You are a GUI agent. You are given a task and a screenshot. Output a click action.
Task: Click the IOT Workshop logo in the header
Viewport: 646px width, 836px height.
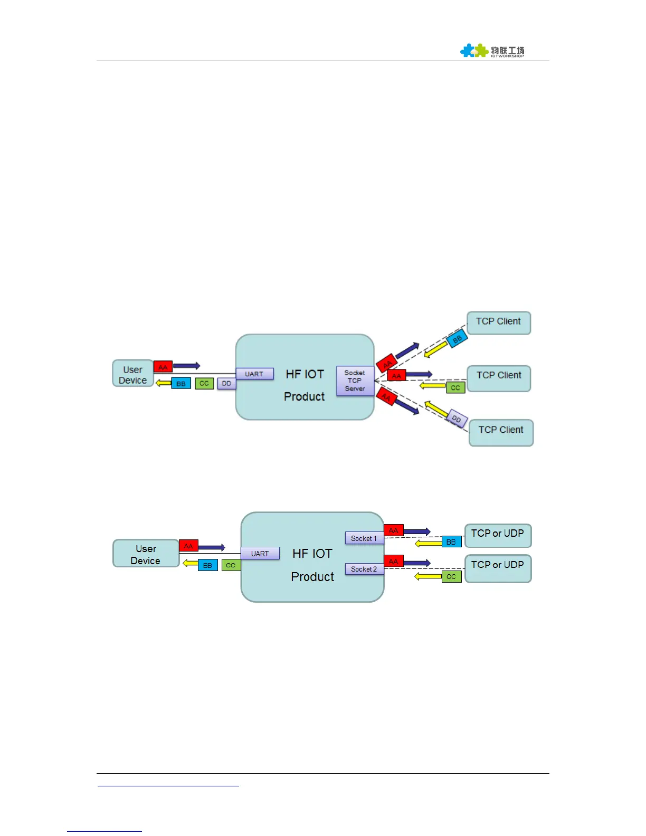coord(492,51)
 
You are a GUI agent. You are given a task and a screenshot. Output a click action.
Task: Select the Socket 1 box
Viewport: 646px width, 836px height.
coord(364,538)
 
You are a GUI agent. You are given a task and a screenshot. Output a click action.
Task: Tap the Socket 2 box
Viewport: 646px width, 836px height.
coord(364,569)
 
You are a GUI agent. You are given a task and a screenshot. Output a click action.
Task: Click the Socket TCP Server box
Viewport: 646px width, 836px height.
coord(355,381)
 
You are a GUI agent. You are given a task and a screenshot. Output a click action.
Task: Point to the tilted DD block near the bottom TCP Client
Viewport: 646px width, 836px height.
coord(456,419)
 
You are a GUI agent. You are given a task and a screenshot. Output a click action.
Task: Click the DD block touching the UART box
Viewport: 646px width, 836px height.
coord(226,384)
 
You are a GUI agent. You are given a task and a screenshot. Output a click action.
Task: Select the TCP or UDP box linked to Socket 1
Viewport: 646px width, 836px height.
coord(498,535)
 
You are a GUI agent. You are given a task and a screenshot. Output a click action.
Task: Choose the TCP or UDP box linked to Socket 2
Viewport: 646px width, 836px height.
coord(498,568)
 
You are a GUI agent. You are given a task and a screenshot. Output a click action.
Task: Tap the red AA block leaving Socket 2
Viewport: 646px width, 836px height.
coord(394,562)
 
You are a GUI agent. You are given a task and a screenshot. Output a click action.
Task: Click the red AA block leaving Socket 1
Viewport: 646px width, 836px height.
coord(394,530)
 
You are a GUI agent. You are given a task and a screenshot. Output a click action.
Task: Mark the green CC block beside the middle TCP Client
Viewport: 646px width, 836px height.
coord(455,388)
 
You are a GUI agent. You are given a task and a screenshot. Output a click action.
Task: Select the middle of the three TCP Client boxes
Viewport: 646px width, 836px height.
coord(499,378)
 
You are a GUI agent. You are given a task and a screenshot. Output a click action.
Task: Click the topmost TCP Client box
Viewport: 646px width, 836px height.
coord(498,322)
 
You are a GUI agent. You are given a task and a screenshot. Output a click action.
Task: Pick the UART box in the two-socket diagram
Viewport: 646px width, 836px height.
coord(260,554)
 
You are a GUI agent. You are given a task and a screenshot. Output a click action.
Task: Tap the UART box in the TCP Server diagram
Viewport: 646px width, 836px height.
coord(254,374)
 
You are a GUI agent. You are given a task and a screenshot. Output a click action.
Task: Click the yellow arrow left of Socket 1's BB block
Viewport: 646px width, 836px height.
coord(428,543)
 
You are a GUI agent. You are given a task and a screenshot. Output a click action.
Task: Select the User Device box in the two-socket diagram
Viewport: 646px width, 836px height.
coord(146,554)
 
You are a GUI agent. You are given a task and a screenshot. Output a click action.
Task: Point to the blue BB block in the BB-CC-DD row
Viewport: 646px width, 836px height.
coord(181,384)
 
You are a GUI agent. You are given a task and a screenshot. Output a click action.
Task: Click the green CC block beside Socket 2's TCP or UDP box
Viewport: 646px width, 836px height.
coord(451,577)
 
